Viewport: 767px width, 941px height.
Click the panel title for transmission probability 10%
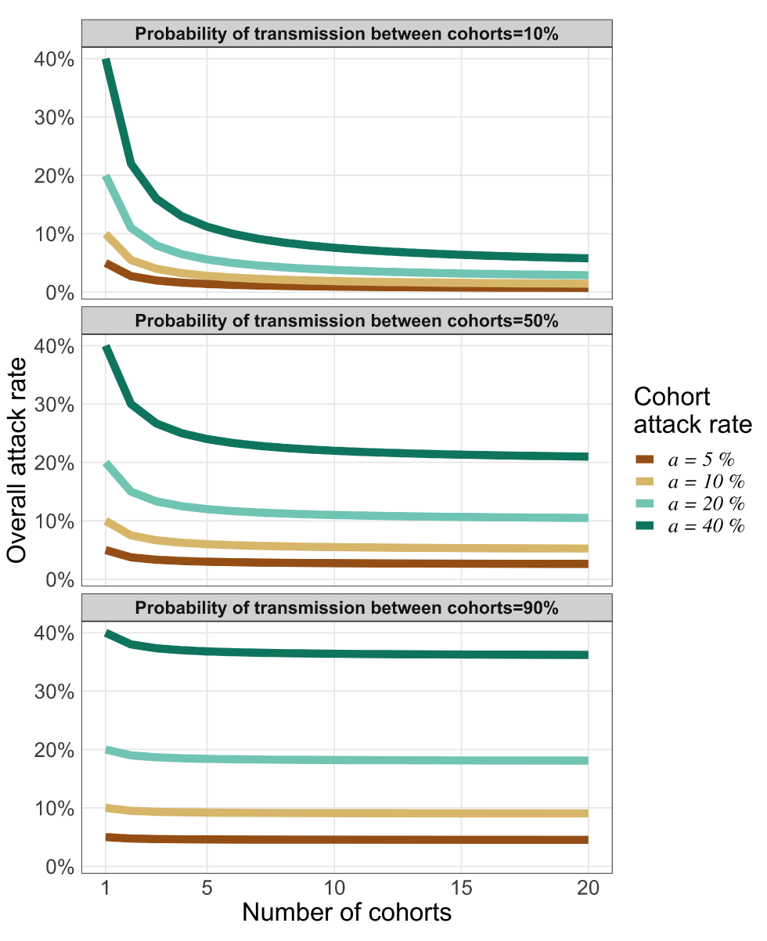coord(347,34)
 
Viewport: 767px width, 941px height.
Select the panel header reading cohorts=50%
coord(347,321)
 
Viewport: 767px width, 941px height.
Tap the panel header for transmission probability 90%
coord(347,608)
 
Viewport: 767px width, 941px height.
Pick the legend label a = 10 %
coord(706,481)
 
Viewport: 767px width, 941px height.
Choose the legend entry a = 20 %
coord(706,504)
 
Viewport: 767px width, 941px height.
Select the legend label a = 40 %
coord(706,526)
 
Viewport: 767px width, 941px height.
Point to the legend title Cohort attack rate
coord(692,410)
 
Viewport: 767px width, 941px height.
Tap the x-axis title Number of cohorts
coord(347,913)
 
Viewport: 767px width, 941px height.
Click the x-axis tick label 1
coord(106,888)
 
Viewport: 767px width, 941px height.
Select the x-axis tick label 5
coord(207,888)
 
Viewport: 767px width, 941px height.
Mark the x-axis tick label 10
coord(334,888)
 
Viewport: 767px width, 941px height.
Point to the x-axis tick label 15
coord(462,888)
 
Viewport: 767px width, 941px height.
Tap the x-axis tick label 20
coord(588,888)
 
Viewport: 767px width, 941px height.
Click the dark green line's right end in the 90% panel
coord(587,654)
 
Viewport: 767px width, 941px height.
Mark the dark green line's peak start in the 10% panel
coord(106,60)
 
